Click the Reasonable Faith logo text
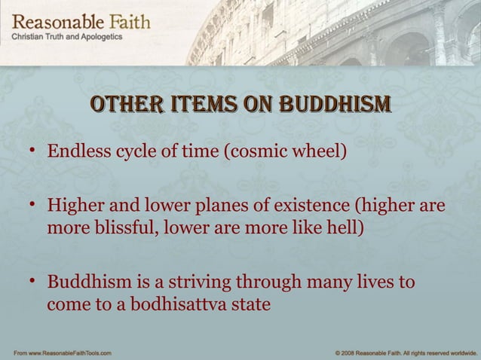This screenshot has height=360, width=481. [80, 21]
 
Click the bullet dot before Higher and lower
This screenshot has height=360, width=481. [32, 206]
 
